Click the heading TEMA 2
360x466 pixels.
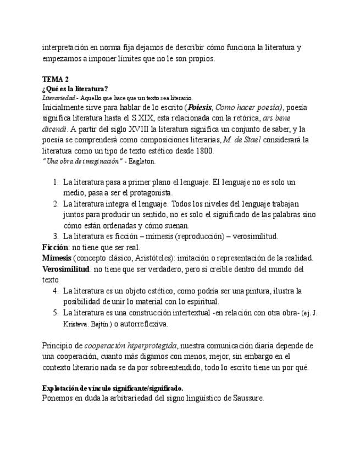pyautogui.click(x=55, y=80)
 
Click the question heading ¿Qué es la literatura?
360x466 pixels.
pyautogui.click(x=75, y=88)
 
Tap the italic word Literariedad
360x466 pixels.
pyautogui.click(x=58, y=97)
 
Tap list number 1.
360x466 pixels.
pyautogui.click(x=56, y=182)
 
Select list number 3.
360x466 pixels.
pyautogui.click(x=56, y=236)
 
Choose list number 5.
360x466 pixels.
pyautogui.click(x=56, y=313)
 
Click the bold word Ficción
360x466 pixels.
pyautogui.click(x=56, y=247)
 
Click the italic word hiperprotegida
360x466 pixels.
pyautogui.click(x=152, y=346)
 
